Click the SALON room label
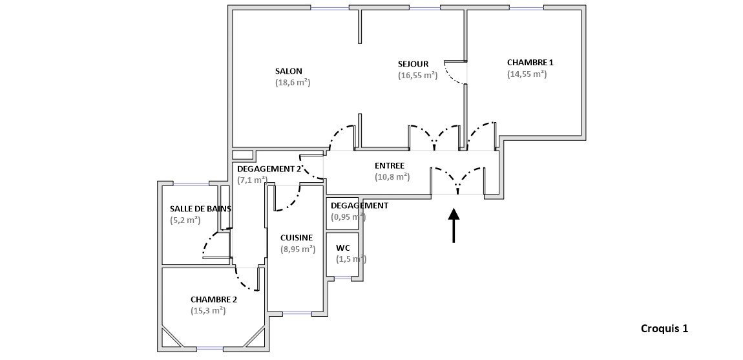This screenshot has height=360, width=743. click(x=288, y=71)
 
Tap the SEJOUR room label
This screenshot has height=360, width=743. click(x=413, y=64)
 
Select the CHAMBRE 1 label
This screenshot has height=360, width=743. click(x=530, y=63)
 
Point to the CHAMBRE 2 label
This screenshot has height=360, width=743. click(x=213, y=299)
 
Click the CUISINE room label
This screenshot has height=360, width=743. click(x=297, y=238)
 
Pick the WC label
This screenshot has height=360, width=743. click(x=342, y=248)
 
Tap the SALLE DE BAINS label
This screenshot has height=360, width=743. click(x=200, y=209)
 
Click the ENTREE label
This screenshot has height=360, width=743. click(x=389, y=165)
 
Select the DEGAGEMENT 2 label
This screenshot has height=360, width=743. click(x=269, y=169)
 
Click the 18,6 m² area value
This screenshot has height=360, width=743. click(x=293, y=83)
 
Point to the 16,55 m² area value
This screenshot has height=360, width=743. click(x=417, y=76)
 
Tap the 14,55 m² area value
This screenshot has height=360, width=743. click(x=527, y=74)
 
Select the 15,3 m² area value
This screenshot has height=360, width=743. click(x=208, y=311)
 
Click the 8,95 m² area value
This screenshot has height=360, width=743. click(x=297, y=249)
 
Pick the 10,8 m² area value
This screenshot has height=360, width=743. click(x=392, y=176)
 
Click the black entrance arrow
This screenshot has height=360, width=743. click(x=454, y=225)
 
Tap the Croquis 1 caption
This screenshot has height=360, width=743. click(x=664, y=328)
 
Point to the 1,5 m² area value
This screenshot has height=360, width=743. click(x=351, y=259)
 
